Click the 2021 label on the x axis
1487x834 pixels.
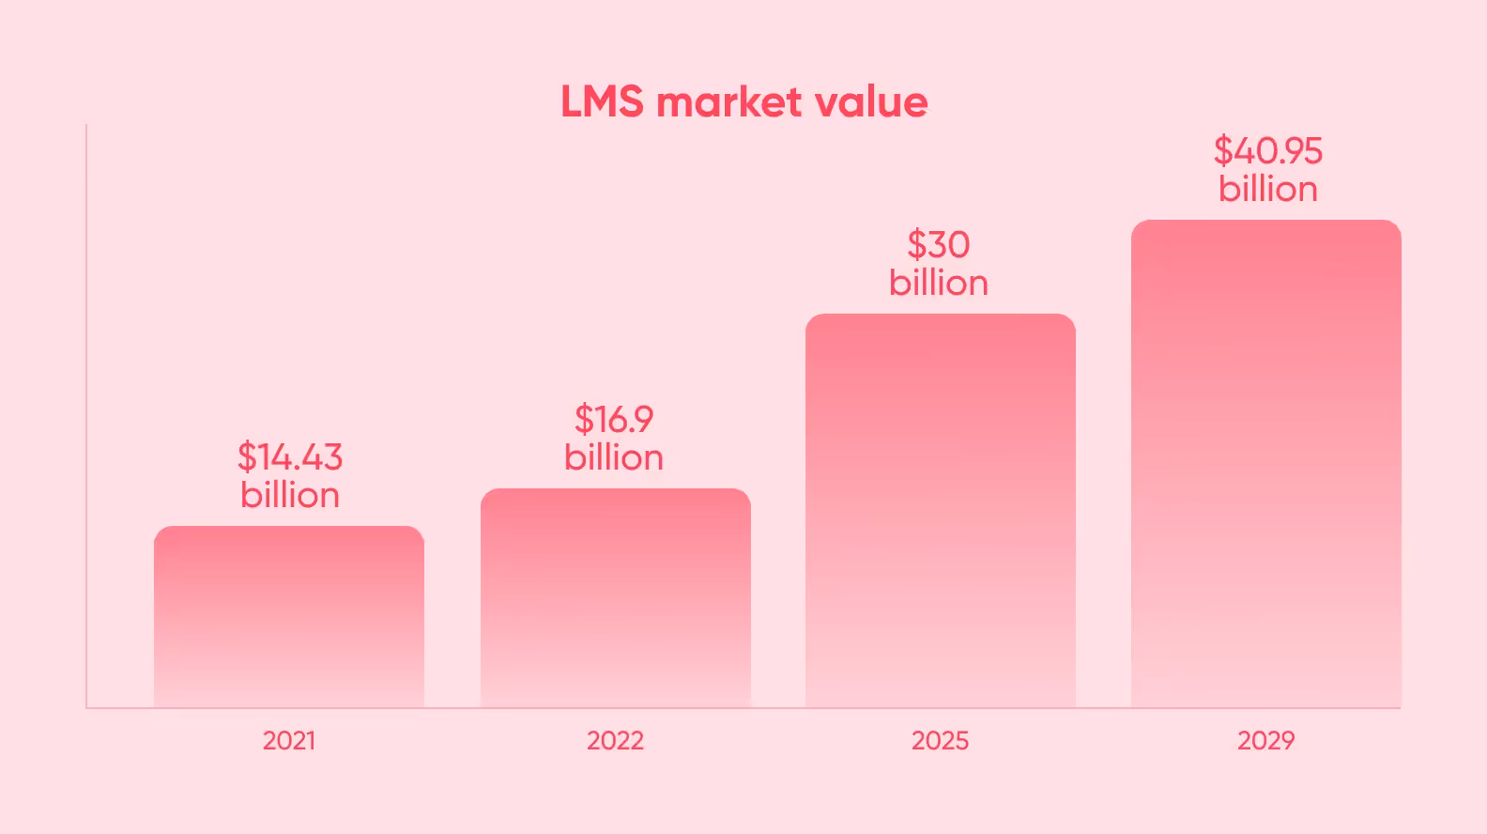point(289,741)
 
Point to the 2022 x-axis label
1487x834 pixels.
point(616,741)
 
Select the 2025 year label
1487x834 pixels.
point(941,741)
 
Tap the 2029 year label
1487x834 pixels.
point(1266,741)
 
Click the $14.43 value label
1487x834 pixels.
point(290,457)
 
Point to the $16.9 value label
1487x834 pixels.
point(614,420)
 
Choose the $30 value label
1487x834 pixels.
point(939,245)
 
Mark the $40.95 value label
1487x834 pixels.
point(1268,151)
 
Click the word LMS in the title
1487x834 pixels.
point(602,102)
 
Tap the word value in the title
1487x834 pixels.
point(871,102)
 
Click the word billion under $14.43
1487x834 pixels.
point(290,495)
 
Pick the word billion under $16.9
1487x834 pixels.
point(614,457)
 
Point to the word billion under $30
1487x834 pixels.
point(939,283)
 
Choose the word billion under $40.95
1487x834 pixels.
point(1268,189)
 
